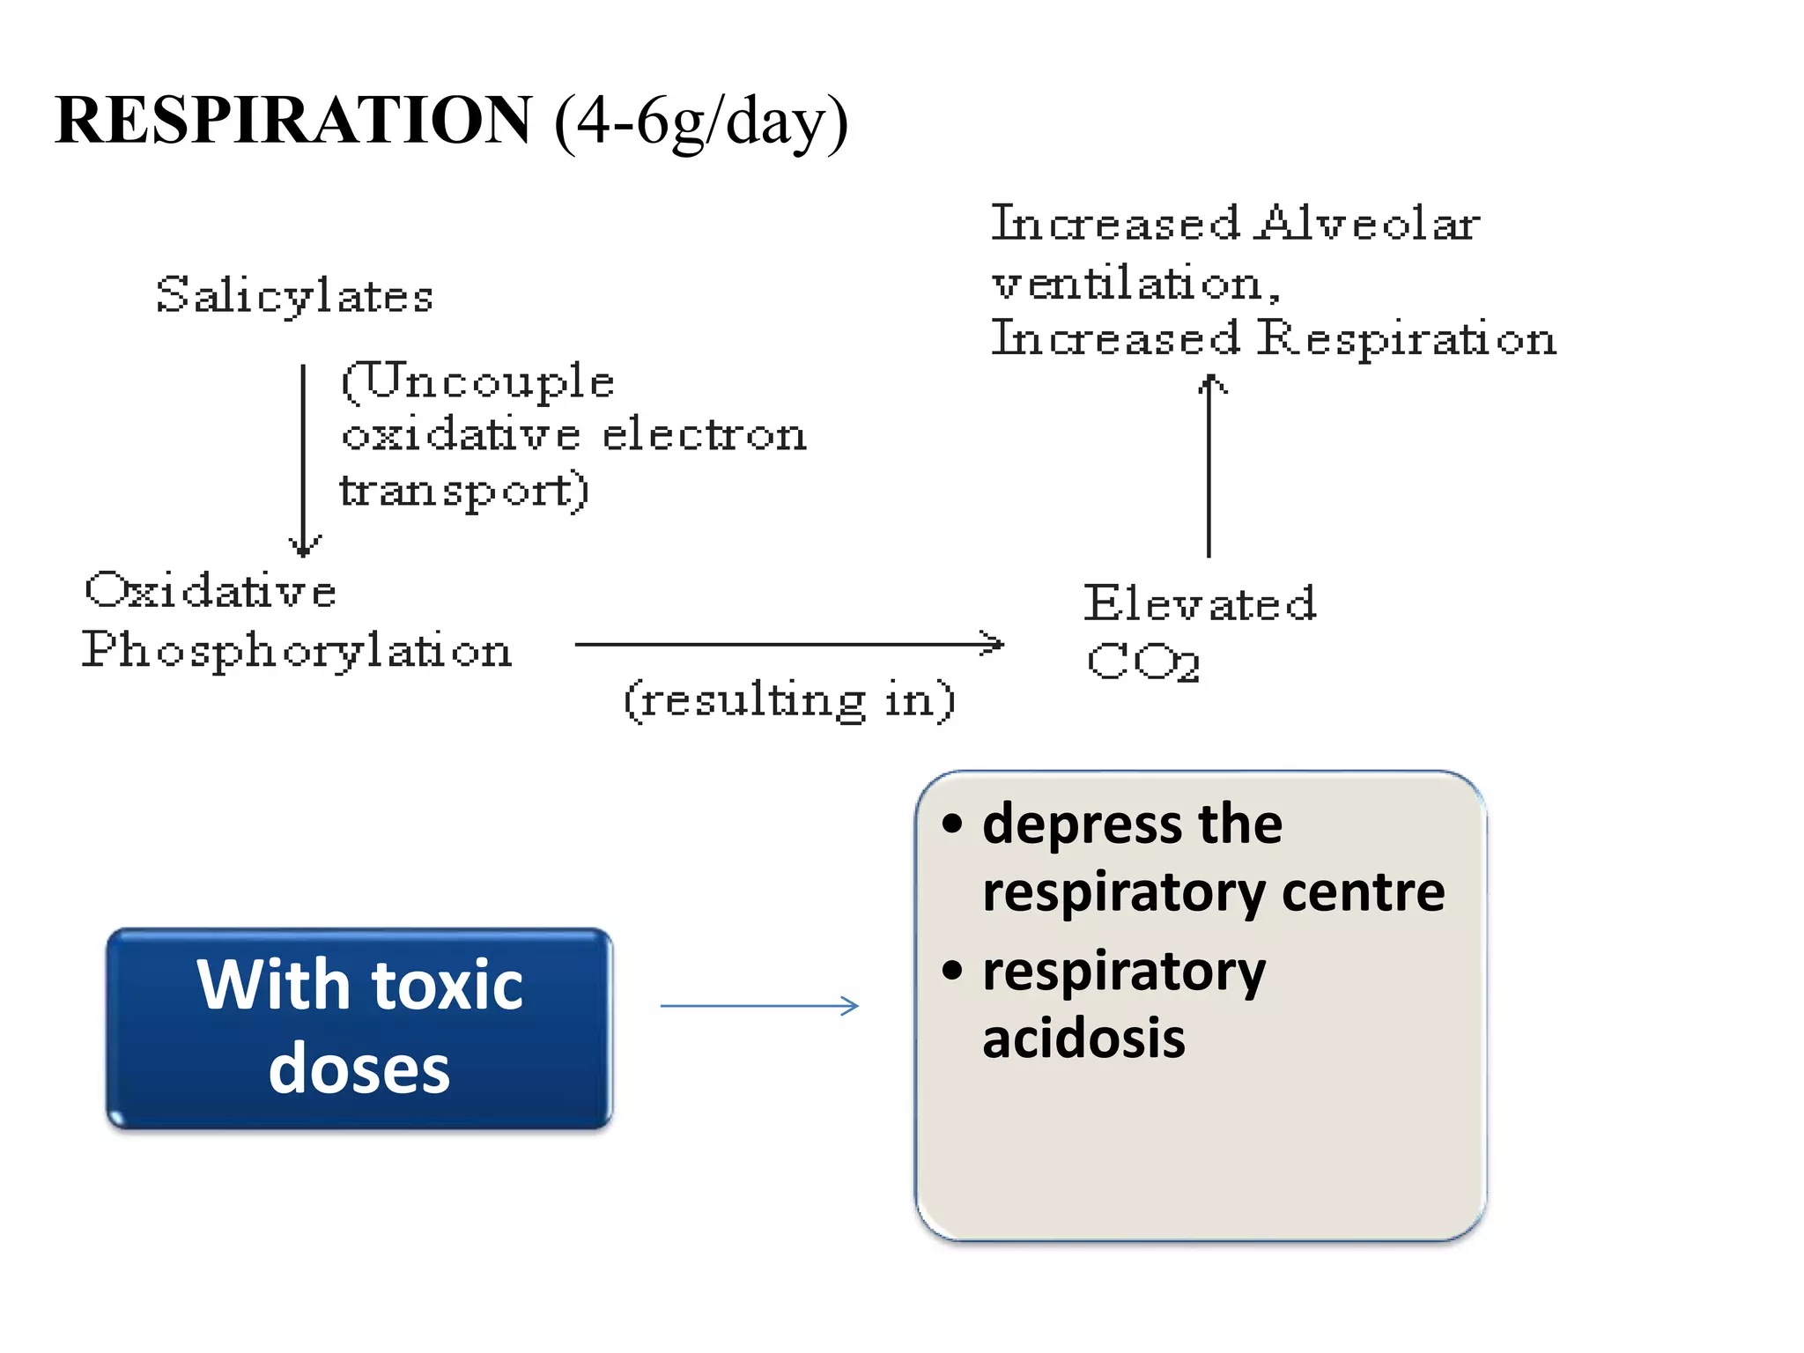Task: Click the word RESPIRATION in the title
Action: (x=293, y=121)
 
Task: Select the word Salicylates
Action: (x=294, y=295)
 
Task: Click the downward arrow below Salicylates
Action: (x=304, y=458)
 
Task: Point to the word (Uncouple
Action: (x=477, y=382)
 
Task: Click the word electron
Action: (x=704, y=435)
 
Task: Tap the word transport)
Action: (x=464, y=491)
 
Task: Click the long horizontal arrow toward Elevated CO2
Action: (x=788, y=644)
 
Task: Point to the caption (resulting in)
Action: (x=788, y=701)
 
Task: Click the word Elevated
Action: (x=1200, y=604)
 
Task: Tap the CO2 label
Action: (x=1142, y=662)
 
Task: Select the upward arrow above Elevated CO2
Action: (x=1209, y=467)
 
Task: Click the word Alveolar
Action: (x=1367, y=223)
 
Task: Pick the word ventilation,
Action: (x=1136, y=284)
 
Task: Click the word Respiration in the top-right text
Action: (x=1406, y=339)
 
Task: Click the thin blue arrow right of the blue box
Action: (x=759, y=1006)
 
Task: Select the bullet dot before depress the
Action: (x=952, y=824)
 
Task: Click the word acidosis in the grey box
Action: (x=1083, y=1039)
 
